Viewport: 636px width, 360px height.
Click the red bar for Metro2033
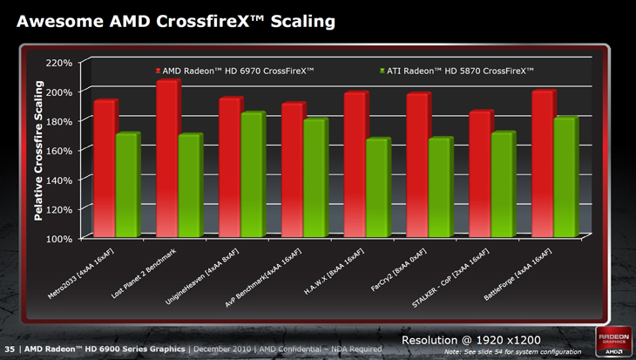coord(104,169)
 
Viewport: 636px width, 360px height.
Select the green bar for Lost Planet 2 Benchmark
coord(189,187)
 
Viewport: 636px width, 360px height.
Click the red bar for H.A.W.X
coord(355,166)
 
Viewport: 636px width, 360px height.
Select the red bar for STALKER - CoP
coord(480,174)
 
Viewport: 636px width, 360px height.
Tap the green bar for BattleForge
coord(564,178)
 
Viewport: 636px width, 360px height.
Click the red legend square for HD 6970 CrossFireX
coord(158,70)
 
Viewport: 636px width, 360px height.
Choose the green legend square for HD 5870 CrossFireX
coord(382,70)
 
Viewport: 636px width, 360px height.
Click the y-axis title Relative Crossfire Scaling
coord(38,150)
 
